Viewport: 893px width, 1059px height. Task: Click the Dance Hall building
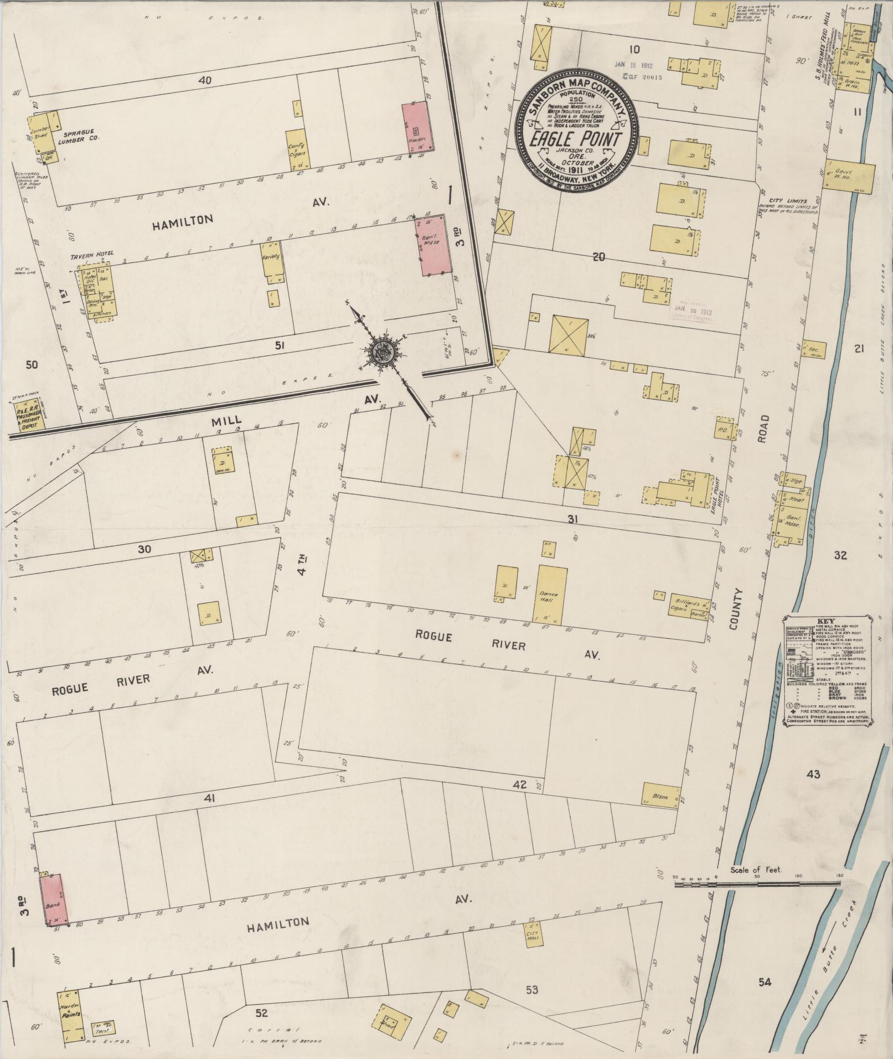point(550,594)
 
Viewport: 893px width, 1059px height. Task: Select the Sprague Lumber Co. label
point(80,136)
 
